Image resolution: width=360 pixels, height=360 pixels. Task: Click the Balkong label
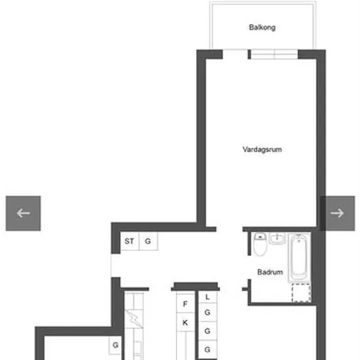coord(262,27)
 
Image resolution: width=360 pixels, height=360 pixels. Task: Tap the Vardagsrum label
coord(262,150)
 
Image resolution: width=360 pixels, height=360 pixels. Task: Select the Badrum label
coord(270,272)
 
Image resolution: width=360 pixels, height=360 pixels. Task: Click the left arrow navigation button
coord(23,213)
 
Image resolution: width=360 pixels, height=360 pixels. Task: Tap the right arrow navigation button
coord(337,213)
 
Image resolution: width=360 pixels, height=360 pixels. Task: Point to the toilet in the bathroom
coord(260,244)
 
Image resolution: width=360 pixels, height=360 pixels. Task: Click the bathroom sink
coord(277,238)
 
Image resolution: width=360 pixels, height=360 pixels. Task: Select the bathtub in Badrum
coord(299,257)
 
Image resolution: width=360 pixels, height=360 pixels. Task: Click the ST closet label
coord(129,241)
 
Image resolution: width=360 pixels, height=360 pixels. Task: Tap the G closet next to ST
coord(149,241)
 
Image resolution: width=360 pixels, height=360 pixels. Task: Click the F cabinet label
coord(185,304)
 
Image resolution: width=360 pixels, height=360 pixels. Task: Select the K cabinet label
coord(185,323)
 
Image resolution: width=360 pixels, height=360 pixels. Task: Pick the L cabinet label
coord(207,297)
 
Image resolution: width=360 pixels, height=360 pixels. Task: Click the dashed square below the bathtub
coord(302,293)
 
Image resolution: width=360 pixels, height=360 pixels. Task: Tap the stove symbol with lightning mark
coord(134,319)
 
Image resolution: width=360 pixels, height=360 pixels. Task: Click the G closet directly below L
coord(207,312)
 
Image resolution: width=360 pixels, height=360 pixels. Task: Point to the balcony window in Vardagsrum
coord(274,54)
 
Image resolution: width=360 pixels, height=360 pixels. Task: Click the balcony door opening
coord(236,54)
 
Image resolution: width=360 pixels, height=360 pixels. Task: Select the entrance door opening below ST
coord(116,265)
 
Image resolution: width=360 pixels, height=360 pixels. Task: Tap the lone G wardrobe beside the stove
coord(115,345)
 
